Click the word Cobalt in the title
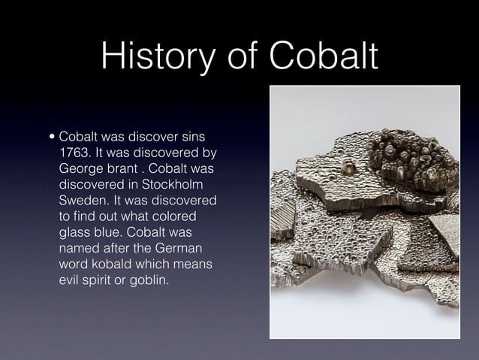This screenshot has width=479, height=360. [x=325, y=58]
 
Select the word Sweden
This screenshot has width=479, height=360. [x=83, y=202]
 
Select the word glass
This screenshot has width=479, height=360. [x=76, y=234]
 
